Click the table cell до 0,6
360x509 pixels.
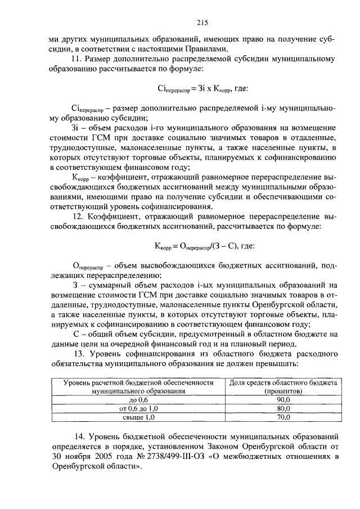click(138, 399)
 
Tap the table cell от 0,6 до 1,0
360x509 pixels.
click(138, 408)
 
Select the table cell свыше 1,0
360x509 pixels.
click(138, 417)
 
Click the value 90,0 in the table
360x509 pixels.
click(283, 399)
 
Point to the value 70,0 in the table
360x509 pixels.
click(283, 417)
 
